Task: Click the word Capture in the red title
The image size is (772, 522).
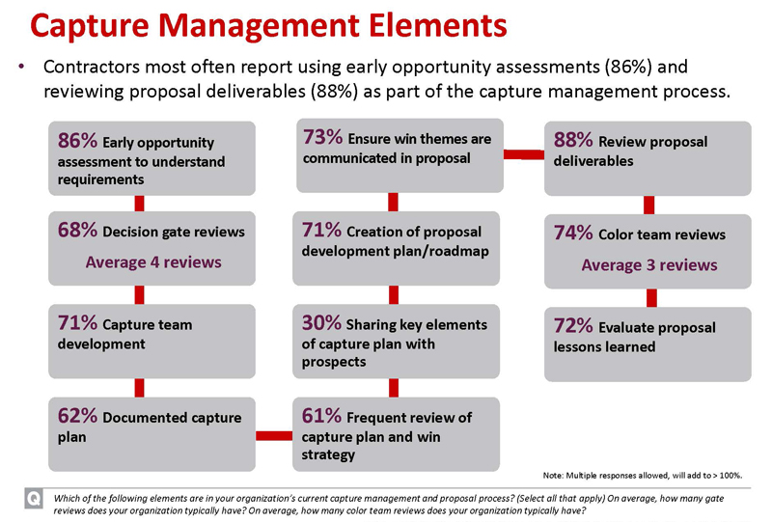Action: click(x=89, y=26)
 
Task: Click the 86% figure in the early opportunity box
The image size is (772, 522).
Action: click(x=77, y=140)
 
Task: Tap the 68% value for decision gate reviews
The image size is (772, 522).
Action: click(x=77, y=230)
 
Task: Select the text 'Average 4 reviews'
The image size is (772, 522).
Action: click(x=153, y=262)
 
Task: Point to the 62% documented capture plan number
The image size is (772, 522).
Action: click(x=77, y=416)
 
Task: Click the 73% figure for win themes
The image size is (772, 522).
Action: click(x=322, y=137)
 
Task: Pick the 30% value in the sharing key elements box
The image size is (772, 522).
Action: click(x=321, y=323)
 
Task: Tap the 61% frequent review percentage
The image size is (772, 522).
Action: click(x=321, y=416)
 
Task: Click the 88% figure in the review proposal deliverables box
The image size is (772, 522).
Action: click(x=573, y=140)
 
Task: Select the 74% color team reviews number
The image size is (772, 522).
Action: click(x=573, y=233)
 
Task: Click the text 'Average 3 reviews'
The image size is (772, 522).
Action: click(x=649, y=265)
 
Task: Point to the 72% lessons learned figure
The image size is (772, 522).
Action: click(x=573, y=325)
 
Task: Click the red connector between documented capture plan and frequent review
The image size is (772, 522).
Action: click(x=274, y=436)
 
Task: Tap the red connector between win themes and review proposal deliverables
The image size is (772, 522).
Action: click(x=524, y=154)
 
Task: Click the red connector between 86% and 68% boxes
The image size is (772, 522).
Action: click(x=139, y=204)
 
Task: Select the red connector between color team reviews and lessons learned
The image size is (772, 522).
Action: click(x=651, y=298)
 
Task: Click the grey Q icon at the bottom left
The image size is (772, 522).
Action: click(x=34, y=499)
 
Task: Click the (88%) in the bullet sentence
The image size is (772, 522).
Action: click(x=334, y=92)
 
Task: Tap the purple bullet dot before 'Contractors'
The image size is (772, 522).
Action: click(x=21, y=67)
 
